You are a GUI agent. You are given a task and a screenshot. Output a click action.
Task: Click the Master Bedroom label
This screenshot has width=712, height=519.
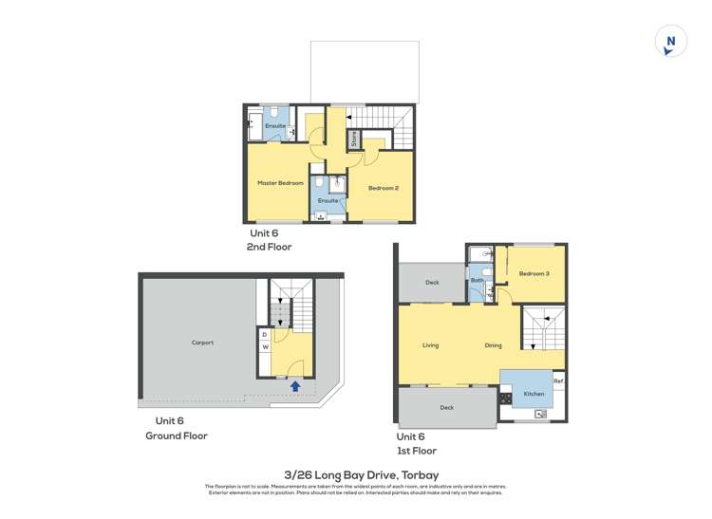(x=280, y=183)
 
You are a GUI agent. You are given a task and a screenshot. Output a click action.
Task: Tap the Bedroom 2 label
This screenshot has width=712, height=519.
(x=383, y=188)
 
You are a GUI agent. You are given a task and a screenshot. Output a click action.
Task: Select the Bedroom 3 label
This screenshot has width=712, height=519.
(x=534, y=273)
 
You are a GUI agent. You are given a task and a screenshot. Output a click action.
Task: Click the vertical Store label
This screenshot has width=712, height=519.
(x=354, y=139)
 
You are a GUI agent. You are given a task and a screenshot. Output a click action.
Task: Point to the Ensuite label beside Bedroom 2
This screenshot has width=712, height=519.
(x=328, y=201)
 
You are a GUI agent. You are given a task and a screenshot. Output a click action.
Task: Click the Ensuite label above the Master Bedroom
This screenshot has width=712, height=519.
(x=275, y=126)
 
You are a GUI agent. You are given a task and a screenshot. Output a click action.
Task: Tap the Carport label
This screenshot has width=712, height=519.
(x=202, y=343)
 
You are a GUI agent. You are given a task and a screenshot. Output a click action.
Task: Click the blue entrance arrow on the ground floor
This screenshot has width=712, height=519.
(x=295, y=386)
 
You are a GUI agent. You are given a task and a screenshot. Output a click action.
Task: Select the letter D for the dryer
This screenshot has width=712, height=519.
(x=264, y=335)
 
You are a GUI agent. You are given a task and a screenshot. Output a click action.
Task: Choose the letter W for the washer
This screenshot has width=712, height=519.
(x=264, y=346)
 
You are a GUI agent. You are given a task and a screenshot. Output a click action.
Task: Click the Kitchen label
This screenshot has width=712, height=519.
(x=534, y=394)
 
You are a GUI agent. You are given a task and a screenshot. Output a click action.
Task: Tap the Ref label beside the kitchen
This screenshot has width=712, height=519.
(x=559, y=381)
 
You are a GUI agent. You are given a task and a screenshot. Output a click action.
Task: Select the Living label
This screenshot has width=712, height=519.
(x=430, y=345)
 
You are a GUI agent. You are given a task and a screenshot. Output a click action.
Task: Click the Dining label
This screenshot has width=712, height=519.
(x=493, y=345)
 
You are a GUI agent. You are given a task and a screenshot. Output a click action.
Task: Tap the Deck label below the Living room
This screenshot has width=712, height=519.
(x=446, y=408)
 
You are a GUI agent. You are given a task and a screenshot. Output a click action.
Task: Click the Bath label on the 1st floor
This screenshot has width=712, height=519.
(x=477, y=280)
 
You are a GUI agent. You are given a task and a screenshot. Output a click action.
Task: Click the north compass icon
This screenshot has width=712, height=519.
(x=671, y=42)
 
